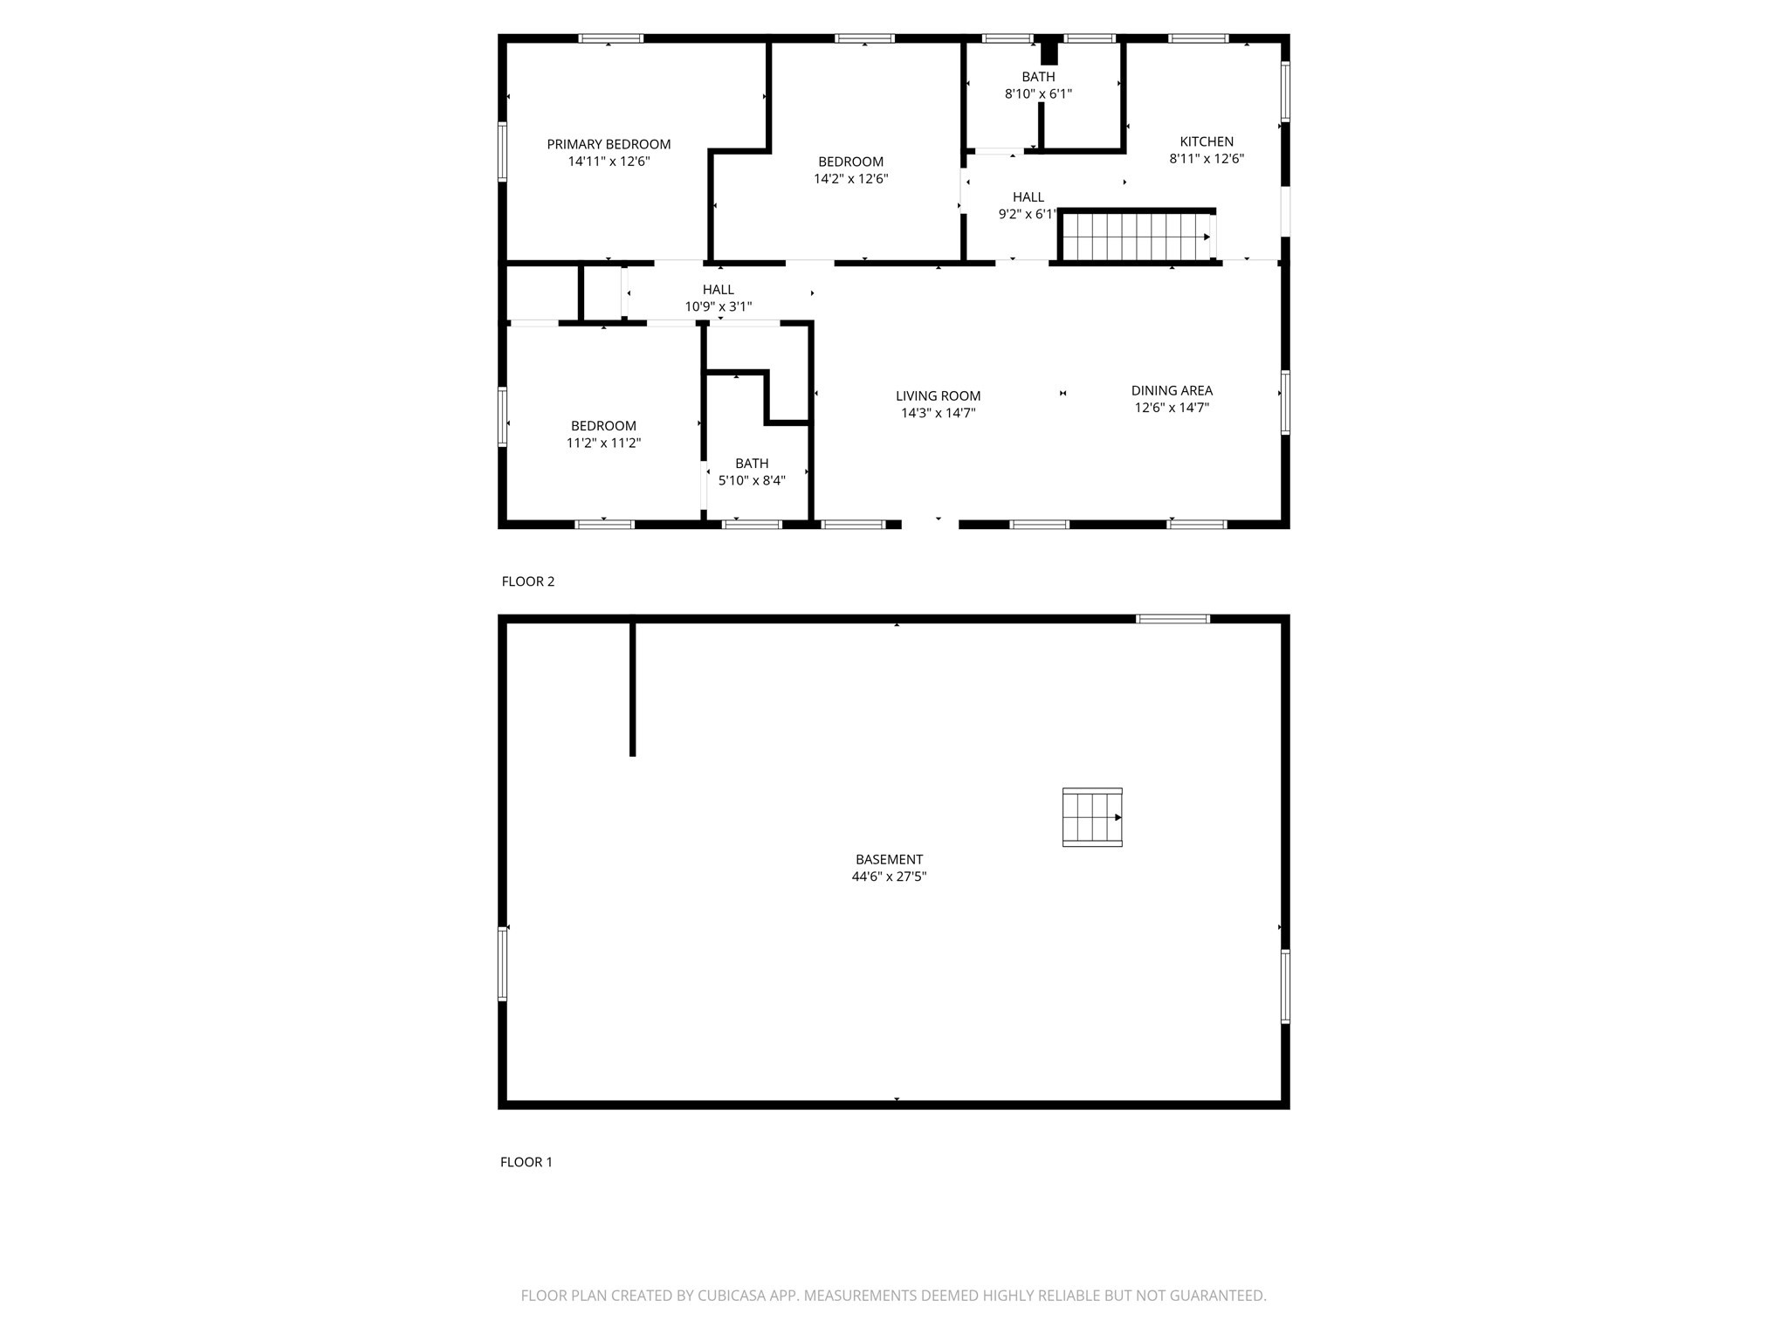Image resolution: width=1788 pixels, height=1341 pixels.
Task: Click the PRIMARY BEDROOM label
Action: (609, 144)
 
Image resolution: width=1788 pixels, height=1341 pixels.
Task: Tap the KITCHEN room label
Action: (1207, 141)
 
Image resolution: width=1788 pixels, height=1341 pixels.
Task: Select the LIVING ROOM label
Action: (938, 395)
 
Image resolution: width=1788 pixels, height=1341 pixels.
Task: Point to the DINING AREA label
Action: (1172, 390)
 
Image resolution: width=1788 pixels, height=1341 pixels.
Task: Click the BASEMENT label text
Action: (889, 859)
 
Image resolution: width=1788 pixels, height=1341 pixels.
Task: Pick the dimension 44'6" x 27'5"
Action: (889, 877)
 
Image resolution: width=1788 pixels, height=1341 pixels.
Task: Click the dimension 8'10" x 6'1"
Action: (1038, 93)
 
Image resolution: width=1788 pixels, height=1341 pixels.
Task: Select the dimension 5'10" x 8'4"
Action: (752, 480)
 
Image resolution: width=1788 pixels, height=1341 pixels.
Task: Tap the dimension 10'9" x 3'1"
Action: (718, 306)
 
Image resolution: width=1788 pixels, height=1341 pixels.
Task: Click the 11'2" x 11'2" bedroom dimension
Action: (603, 443)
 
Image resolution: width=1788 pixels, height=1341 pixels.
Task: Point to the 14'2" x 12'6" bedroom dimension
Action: (850, 178)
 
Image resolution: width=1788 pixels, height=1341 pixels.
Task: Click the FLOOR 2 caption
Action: (528, 581)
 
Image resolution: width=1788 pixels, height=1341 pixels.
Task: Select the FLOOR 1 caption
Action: (526, 1162)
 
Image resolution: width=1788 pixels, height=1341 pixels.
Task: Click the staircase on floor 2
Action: (1135, 237)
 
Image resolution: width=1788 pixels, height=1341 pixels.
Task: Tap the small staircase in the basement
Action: (1091, 817)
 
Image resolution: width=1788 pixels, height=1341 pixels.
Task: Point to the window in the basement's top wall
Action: (1173, 619)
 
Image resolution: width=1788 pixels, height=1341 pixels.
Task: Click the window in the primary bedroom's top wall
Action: (611, 38)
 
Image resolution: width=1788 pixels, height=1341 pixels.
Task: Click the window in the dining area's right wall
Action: (1285, 402)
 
